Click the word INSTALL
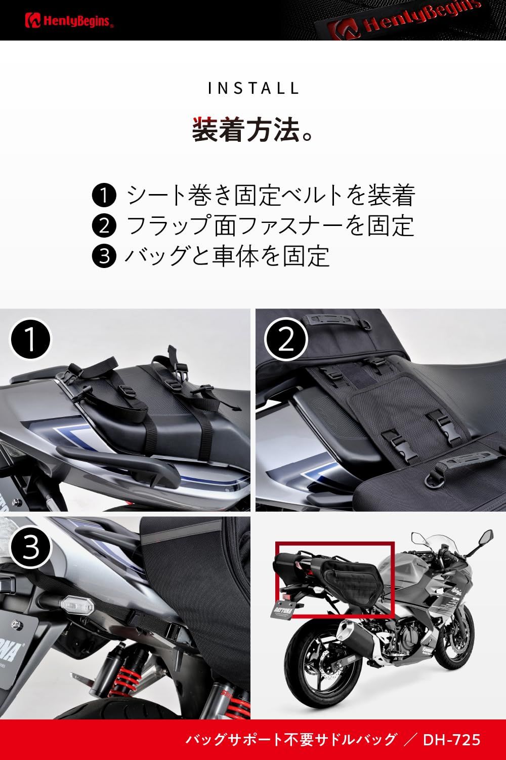(x=253, y=88)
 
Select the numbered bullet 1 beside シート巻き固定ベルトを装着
(x=104, y=196)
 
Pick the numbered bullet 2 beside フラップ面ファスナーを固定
(x=104, y=225)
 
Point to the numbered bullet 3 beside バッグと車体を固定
(x=104, y=255)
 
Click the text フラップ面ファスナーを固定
(x=270, y=225)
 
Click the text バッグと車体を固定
(x=227, y=255)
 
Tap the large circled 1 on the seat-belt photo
(x=30, y=338)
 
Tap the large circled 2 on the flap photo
(x=285, y=338)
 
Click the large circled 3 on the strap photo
(x=30, y=546)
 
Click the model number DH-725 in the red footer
(x=451, y=740)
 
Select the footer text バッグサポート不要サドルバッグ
(x=291, y=740)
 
